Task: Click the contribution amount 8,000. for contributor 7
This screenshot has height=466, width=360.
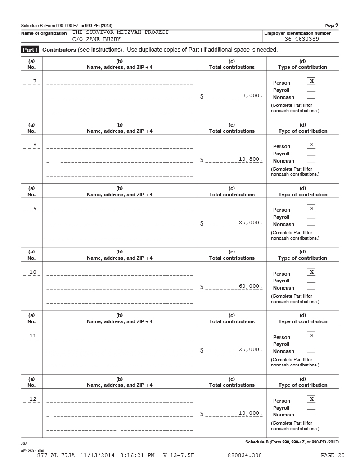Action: [252, 96]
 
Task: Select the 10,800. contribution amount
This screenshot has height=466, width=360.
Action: [251, 159]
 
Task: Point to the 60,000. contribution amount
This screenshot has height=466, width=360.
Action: [251, 286]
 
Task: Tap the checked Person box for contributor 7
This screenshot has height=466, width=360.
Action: [311, 81]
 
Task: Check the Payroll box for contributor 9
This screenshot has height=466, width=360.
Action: [311, 216]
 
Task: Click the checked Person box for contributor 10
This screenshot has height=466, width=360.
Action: [311, 272]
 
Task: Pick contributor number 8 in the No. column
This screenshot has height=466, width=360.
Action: [35, 145]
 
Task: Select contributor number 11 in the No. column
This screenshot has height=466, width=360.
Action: [33, 335]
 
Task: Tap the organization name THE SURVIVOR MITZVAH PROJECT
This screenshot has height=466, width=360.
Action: [120, 32]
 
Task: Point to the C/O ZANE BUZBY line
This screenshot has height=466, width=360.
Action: [96, 39]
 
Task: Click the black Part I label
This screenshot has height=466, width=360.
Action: [31, 50]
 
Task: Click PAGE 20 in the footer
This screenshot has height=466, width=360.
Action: [333, 456]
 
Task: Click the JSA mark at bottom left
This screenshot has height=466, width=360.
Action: [24, 443]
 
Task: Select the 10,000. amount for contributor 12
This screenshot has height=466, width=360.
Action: [251, 413]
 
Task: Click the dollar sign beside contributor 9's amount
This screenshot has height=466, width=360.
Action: [202, 223]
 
